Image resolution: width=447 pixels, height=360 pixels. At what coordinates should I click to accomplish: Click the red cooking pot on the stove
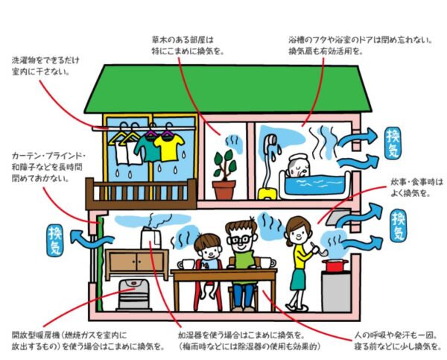(x=335, y=265)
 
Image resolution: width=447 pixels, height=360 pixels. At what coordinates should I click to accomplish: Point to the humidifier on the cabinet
(x=152, y=238)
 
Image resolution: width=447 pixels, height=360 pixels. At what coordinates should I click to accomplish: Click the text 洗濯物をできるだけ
(x=45, y=59)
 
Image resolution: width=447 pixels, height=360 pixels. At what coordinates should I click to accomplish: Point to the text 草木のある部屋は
(x=182, y=39)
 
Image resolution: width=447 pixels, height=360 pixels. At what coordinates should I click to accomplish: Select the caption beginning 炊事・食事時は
(x=417, y=181)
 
